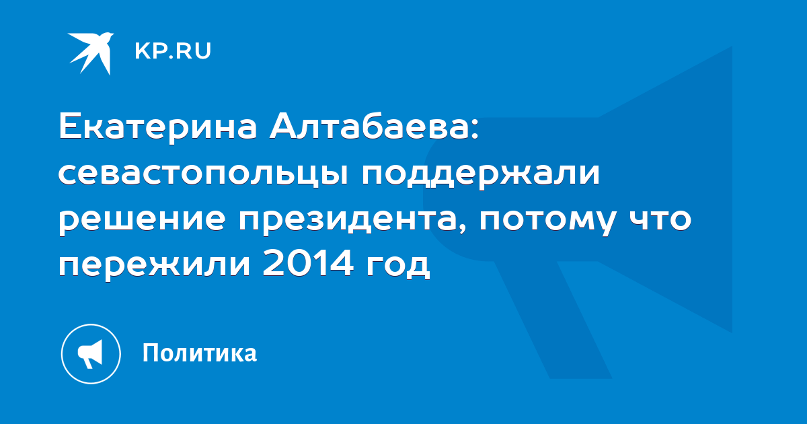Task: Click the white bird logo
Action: click(x=91, y=53)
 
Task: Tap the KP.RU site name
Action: click(x=173, y=51)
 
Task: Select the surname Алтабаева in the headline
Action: click(x=370, y=127)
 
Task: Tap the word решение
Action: click(x=142, y=220)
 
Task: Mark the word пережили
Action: click(x=154, y=265)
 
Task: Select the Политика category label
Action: click(x=200, y=353)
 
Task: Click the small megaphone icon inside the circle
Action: click(x=90, y=354)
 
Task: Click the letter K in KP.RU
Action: click(x=142, y=51)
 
